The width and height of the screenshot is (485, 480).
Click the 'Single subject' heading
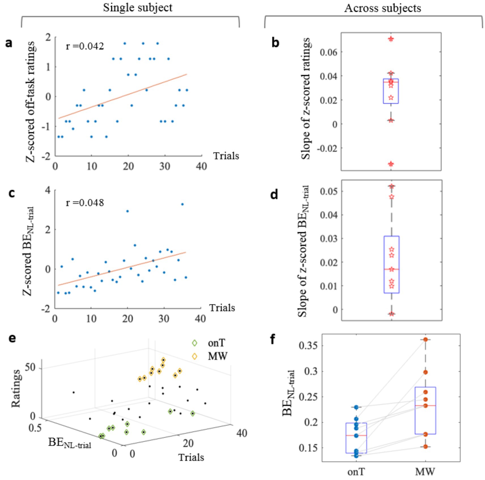pyautogui.click(x=138, y=8)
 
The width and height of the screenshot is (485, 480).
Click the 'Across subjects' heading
pyautogui.click(x=383, y=8)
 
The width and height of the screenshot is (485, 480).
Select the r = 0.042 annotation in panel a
pyautogui.click(x=85, y=46)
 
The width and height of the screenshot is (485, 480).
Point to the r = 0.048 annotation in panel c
pyautogui.click(x=85, y=203)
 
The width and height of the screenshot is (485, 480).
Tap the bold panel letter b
pyautogui.click(x=275, y=43)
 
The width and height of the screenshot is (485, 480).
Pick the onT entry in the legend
pyautogui.click(x=216, y=343)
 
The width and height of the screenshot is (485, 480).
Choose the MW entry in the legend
pyautogui.click(x=217, y=356)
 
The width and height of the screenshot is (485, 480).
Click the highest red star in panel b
pyautogui.click(x=391, y=39)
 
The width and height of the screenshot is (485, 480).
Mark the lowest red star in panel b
pyautogui.click(x=391, y=164)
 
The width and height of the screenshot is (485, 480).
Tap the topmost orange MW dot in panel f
pyautogui.click(x=426, y=339)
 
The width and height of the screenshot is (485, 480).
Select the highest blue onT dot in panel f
pyautogui.click(x=356, y=407)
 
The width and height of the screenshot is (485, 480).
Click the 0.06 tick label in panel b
pyautogui.click(x=329, y=52)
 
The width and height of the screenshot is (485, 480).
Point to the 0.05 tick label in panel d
pyautogui.click(x=329, y=191)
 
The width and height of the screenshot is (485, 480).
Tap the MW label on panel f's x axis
pyautogui.click(x=425, y=472)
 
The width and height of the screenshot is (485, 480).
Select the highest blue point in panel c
pyautogui.click(x=182, y=204)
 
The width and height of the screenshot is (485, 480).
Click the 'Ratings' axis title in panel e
pyautogui.click(x=16, y=388)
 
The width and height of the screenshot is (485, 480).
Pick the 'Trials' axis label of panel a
pyautogui.click(x=226, y=156)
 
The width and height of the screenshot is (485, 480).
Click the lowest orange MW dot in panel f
pyautogui.click(x=426, y=447)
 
